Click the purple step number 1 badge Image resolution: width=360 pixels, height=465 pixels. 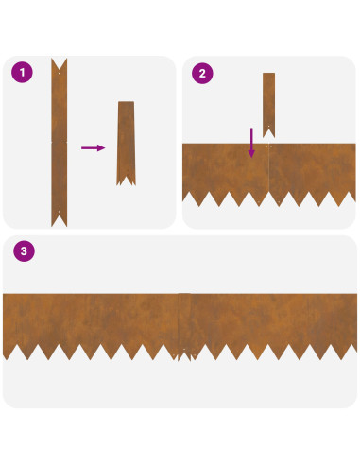[x=22, y=72]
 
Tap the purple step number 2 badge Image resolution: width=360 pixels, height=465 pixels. [x=202, y=73]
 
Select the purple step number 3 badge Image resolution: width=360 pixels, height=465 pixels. [x=24, y=251]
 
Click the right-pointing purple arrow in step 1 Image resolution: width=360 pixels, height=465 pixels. [x=94, y=147]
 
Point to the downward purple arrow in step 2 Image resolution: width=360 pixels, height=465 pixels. [x=251, y=143]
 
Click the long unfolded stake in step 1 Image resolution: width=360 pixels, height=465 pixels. [x=60, y=143]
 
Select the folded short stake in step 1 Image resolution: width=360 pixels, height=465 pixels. [x=126, y=144]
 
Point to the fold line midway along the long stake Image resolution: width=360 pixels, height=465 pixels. [x=60, y=142]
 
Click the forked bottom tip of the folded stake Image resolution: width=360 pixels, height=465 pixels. [x=126, y=181]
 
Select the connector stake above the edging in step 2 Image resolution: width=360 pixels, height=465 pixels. [x=269, y=105]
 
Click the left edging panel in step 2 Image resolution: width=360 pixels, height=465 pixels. [x=226, y=170]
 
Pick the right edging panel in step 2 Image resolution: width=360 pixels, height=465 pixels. [x=312, y=170]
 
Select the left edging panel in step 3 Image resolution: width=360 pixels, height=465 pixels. [x=91, y=321]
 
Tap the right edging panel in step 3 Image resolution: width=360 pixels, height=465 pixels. [x=274, y=321]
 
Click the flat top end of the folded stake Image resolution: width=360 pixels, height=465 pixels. [x=126, y=102]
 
